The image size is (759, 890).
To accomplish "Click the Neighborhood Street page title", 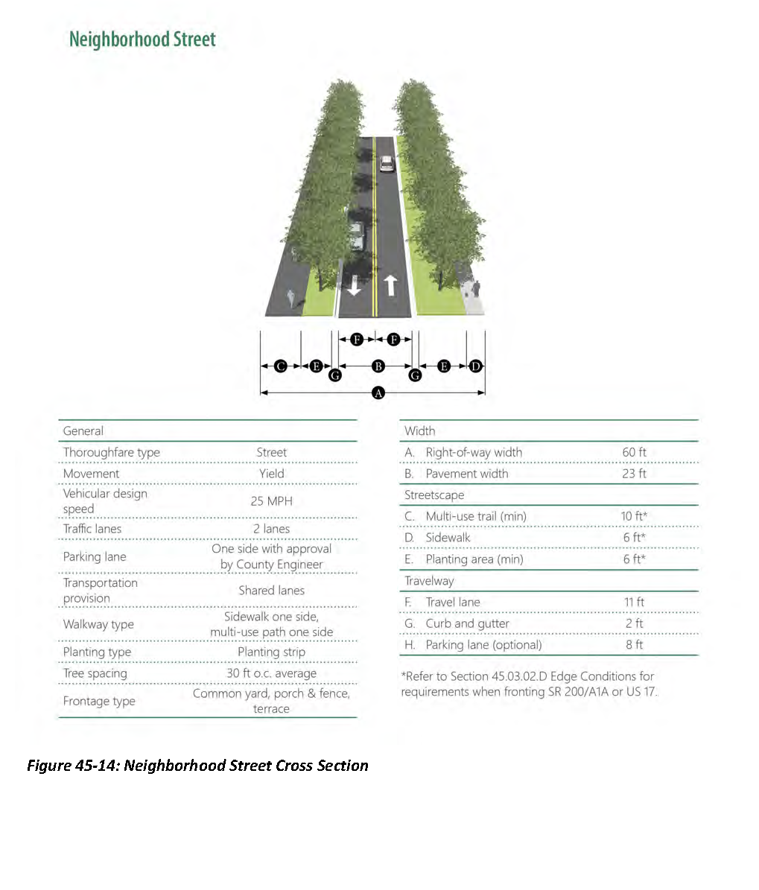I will coord(142,39).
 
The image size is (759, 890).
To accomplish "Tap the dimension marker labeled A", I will coord(378,392).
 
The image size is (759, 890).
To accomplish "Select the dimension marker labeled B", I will coord(378,366).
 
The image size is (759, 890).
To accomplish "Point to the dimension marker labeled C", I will coord(281,366).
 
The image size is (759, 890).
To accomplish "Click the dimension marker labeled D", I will coord(475,366).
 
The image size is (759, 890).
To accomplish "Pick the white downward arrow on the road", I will coord(355,285).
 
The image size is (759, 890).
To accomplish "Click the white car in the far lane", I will coord(387,163).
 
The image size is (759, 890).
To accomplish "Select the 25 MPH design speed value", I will coord(271,501).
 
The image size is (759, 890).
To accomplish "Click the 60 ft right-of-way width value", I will coord(634,452).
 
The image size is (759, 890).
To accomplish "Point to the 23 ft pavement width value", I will coord(634,474).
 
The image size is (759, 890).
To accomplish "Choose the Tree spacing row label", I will coord(95,673).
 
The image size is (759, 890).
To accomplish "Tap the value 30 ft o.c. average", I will coord(271,673).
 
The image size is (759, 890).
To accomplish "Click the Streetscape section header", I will coord(434,495).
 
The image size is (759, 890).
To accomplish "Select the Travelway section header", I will coord(429,581).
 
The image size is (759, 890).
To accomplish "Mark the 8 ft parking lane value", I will coord(634,645).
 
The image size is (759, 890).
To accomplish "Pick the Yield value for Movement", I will coord(271,474).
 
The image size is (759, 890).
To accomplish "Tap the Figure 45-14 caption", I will coord(197,766).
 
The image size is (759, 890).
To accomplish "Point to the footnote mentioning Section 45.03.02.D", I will coord(529,684).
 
